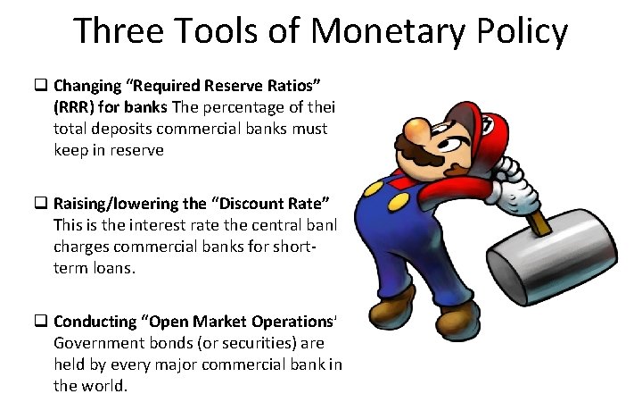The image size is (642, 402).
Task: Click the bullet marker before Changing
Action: click(41, 88)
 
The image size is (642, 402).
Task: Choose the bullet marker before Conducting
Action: click(41, 321)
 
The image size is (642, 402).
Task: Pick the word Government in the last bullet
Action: click(93, 343)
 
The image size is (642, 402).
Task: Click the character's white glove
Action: click(517, 179)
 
